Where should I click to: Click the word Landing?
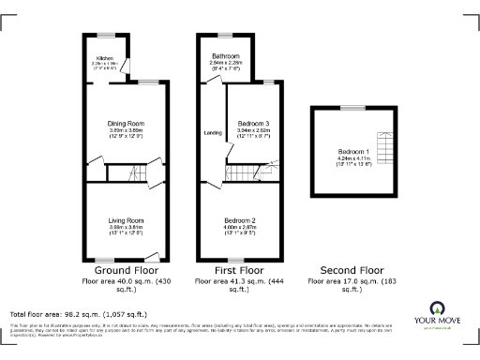pos(212,133)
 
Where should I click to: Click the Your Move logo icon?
pos(437,308)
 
